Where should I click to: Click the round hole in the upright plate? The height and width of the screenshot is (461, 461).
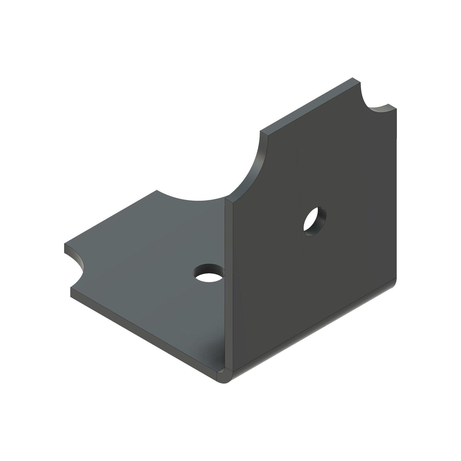click(x=314, y=221)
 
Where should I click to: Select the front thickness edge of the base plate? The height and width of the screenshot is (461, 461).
click(x=145, y=334)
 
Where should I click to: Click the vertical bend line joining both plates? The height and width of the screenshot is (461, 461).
click(x=229, y=285)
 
